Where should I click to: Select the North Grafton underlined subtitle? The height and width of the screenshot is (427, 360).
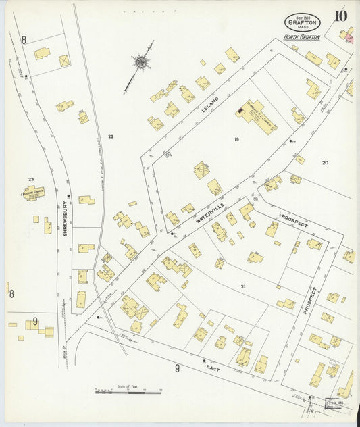pos(301,37)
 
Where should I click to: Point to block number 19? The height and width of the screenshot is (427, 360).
pos(236,139)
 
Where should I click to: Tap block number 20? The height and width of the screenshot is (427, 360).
pos(325,162)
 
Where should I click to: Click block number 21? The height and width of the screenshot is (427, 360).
pos(242,286)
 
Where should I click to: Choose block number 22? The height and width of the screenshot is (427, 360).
pos(110,136)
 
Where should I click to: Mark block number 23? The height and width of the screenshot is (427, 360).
pos(30,179)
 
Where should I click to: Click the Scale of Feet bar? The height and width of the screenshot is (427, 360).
pos(128,391)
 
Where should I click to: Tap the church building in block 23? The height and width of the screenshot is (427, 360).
pos(32,193)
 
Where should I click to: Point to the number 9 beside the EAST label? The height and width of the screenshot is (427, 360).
pos(177,368)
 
